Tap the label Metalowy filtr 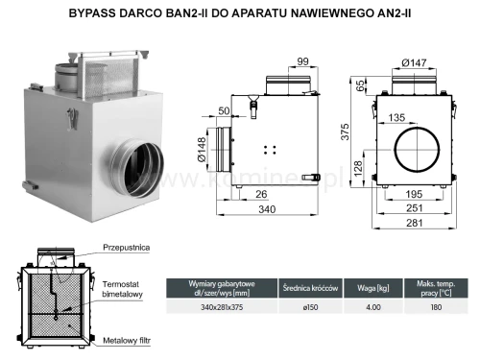(x=127, y=339)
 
